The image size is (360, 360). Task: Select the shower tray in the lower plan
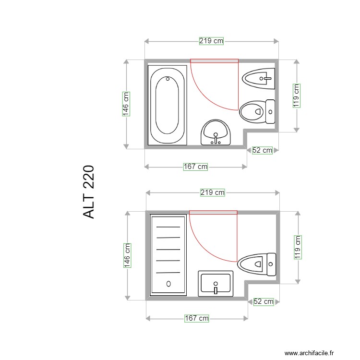point(168,254)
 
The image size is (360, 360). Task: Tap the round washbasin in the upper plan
point(216,132)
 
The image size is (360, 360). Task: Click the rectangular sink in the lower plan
point(216,283)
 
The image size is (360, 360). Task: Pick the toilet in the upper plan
point(257,111)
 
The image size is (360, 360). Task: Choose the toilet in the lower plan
point(257,264)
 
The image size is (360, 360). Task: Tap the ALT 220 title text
point(89,192)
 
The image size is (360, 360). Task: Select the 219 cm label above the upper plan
point(211,41)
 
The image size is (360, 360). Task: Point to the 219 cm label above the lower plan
point(212,192)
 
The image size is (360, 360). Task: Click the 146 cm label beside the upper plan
point(126,104)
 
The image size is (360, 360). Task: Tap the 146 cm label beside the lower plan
point(127,255)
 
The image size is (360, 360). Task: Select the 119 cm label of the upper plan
point(297,96)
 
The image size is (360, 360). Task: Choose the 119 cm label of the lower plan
point(298,247)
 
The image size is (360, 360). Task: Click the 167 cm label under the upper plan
point(196,167)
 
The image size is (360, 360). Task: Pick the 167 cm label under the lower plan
point(197,318)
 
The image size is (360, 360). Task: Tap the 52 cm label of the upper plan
point(262,150)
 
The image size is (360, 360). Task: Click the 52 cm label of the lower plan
point(263,301)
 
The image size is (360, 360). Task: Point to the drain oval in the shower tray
point(168,284)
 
